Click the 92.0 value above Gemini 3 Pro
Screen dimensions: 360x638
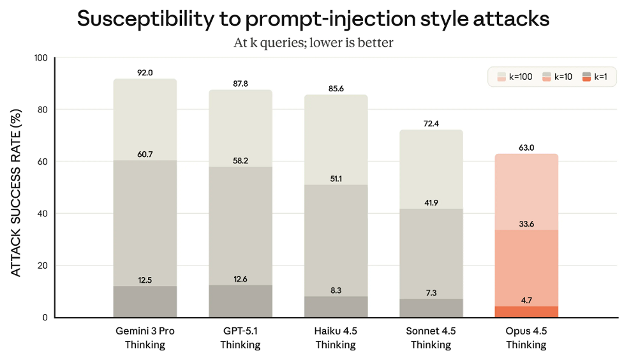[145, 73]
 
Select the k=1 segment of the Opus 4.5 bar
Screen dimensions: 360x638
[527, 312]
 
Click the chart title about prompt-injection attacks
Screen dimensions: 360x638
[313, 19]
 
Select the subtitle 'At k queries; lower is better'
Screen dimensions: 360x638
[313, 43]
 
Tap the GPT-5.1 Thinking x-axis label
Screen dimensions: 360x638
[241, 338]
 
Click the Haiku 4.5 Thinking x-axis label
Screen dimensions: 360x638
[336, 338]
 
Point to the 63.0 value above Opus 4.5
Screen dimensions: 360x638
[527, 147]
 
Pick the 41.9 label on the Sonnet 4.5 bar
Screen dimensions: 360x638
[431, 202]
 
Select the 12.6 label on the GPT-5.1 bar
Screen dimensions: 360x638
[241, 278]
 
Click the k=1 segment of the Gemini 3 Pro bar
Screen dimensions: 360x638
[145, 301]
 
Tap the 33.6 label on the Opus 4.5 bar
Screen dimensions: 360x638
[527, 223]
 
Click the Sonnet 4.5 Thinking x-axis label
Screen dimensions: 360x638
[431, 338]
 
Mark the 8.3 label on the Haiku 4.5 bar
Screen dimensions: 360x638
[336, 290]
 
